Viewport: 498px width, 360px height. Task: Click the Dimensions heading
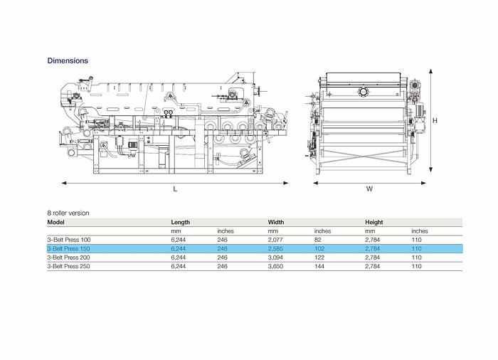tap(68, 60)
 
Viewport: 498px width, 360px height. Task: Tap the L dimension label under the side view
tap(175, 189)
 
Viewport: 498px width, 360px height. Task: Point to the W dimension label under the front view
tap(370, 189)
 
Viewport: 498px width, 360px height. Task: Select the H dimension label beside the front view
tap(435, 121)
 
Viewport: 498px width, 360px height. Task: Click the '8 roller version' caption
tap(68, 213)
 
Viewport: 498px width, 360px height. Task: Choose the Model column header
tap(56, 222)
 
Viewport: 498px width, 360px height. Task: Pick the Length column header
tap(180, 222)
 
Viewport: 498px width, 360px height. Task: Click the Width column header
tap(275, 222)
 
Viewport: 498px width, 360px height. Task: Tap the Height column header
tap(374, 222)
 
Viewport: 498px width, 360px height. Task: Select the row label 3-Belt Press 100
tap(68, 240)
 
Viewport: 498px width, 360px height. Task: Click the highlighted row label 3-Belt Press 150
tap(68, 249)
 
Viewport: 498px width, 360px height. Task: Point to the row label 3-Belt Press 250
tap(68, 266)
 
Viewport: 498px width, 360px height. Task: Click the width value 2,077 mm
tap(275, 240)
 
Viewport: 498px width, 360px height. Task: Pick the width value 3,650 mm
tap(275, 266)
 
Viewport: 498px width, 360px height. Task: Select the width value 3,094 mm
tap(275, 258)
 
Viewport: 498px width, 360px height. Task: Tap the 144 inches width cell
tap(319, 266)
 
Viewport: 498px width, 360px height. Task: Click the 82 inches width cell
tap(317, 240)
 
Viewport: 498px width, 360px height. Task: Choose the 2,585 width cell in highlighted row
tap(275, 249)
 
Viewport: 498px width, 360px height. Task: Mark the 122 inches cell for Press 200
tap(319, 258)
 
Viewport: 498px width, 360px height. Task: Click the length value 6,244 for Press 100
tap(178, 240)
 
